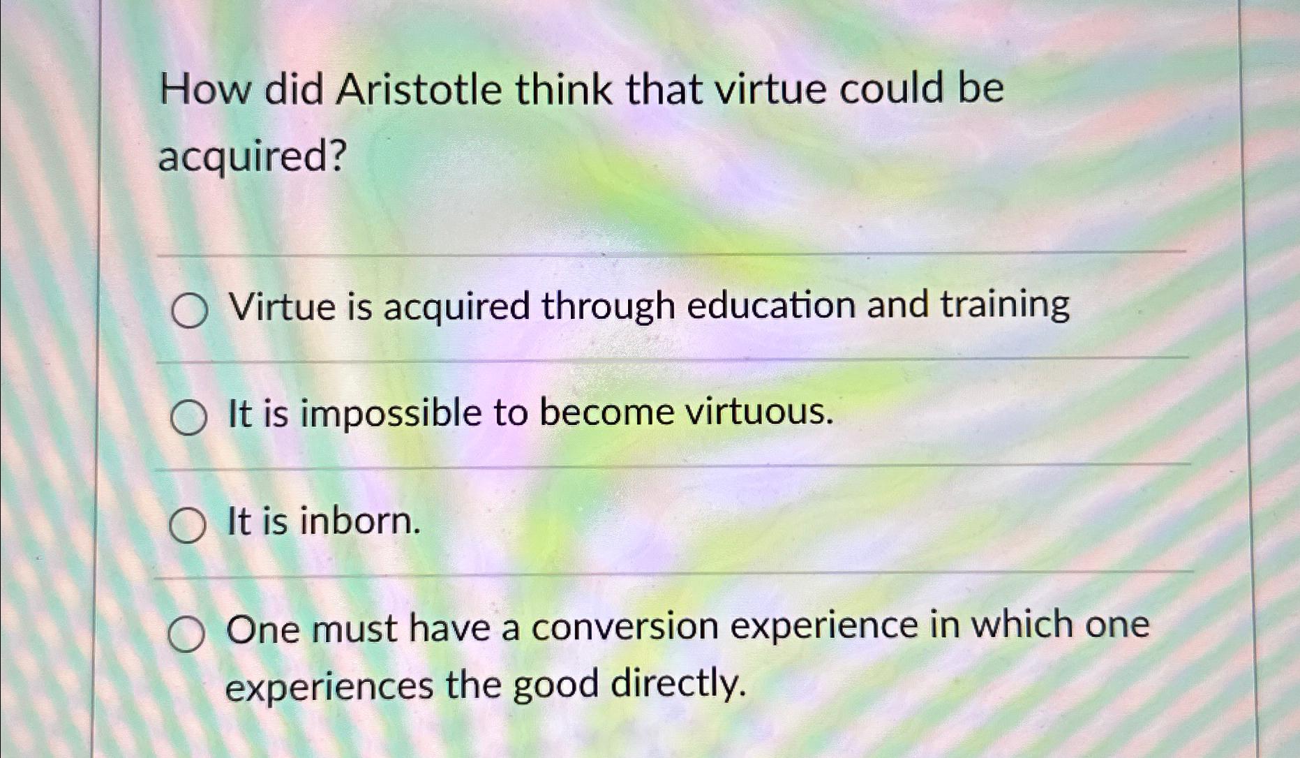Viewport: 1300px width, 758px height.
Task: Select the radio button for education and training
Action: pos(189,311)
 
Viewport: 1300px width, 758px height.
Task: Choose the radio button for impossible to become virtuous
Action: pos(188,419)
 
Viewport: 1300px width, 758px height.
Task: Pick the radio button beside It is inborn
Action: pos(188,526)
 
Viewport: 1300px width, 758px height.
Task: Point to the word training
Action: pos(1005,305)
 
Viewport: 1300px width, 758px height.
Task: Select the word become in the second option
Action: pos(604,412)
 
